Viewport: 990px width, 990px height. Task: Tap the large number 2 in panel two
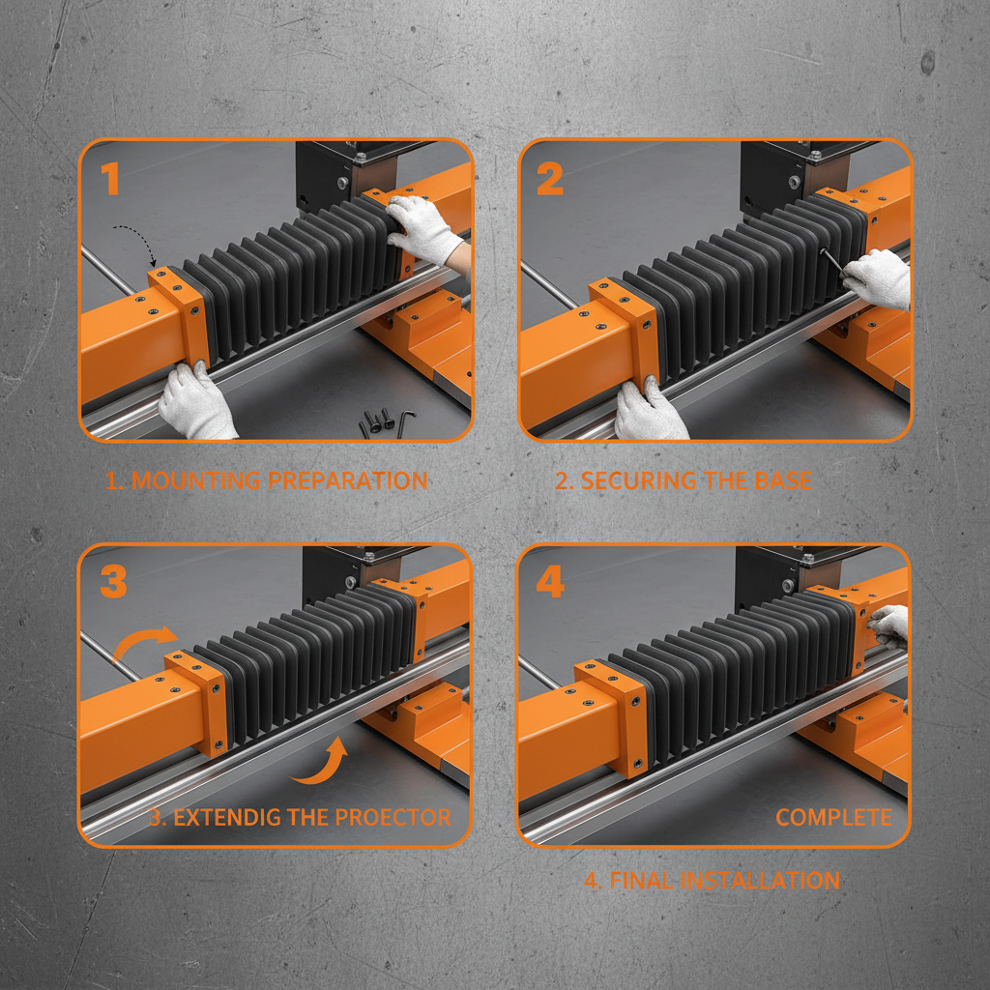click(x=549, y=179)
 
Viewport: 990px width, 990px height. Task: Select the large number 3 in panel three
click(x=113, y=582)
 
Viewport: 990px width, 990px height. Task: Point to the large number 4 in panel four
click(x=550, y=582)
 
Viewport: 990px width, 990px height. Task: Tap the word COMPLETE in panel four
click(x=833, y=817)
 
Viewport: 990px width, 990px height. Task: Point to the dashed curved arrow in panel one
click(x=135, y=242)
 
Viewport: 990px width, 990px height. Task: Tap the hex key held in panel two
click(x=830, y=262)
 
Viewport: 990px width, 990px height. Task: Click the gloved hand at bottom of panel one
click(x=196, y=401)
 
